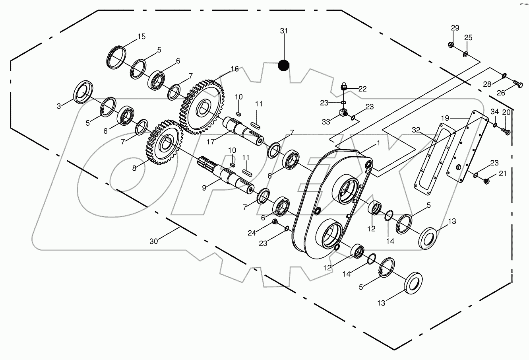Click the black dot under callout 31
coord(283,65)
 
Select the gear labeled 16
coord(203,107)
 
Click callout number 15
coord(141,37)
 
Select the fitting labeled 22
coord(345,86)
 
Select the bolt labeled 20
coord(506,130)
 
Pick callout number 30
coord(153,241)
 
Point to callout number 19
coord(445,118)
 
